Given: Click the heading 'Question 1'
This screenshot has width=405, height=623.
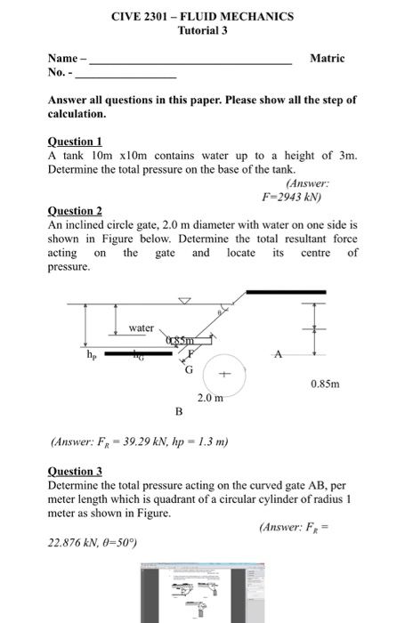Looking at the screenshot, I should (x=75, y=142).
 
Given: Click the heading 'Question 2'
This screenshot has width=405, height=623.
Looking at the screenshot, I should (x=75, y=211).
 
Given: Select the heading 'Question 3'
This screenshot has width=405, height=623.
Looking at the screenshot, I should (x=75, y=471).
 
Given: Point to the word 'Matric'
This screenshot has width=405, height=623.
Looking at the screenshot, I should (x=327, y=58).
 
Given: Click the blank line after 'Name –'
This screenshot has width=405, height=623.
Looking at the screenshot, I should (x=191, y=62).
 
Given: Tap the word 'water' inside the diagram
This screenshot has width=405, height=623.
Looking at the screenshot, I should (x=142, y=328).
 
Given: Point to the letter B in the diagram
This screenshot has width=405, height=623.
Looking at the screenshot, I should (x=178, y=411).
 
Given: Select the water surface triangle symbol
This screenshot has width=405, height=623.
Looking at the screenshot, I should (x=184, y=301).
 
